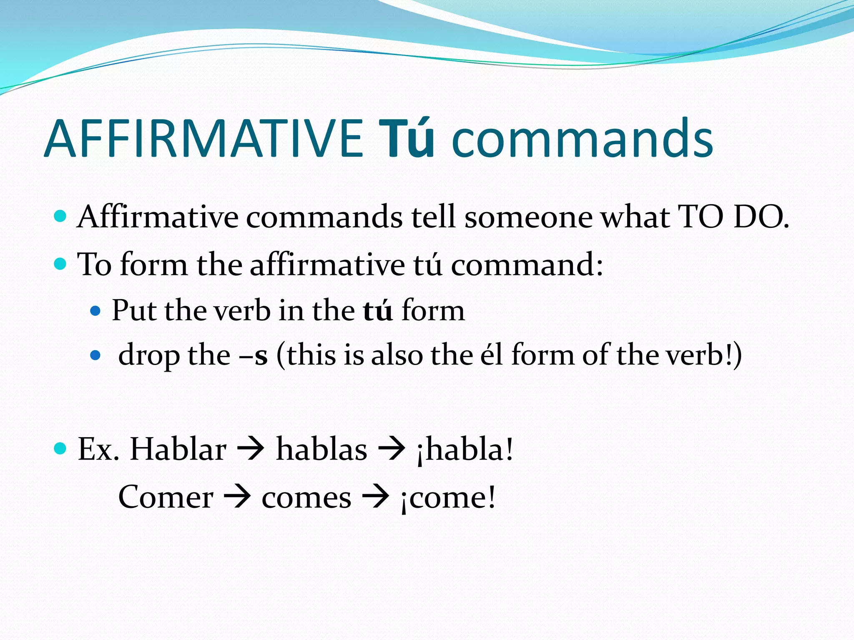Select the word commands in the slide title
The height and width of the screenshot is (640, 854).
[582, 138]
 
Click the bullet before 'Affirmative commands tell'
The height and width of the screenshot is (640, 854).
[60, 216]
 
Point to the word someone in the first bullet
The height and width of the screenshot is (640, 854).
[528, 217]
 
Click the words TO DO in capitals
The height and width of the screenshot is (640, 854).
[733, 217]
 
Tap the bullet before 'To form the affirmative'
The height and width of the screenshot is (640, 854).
[60, 264]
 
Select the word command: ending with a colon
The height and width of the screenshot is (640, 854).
[527, 265]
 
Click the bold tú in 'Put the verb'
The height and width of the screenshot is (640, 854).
[378, 311]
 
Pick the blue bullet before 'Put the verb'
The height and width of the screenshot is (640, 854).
[95, 311]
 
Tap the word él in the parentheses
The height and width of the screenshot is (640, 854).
[492, 355]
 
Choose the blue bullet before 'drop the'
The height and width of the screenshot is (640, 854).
[95, 355]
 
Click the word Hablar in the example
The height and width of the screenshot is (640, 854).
[178, 449]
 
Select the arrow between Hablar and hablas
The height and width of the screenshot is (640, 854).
[251, 449]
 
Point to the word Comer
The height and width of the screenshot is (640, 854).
[166, 497]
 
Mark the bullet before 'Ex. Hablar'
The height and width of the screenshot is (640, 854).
[60, 448]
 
